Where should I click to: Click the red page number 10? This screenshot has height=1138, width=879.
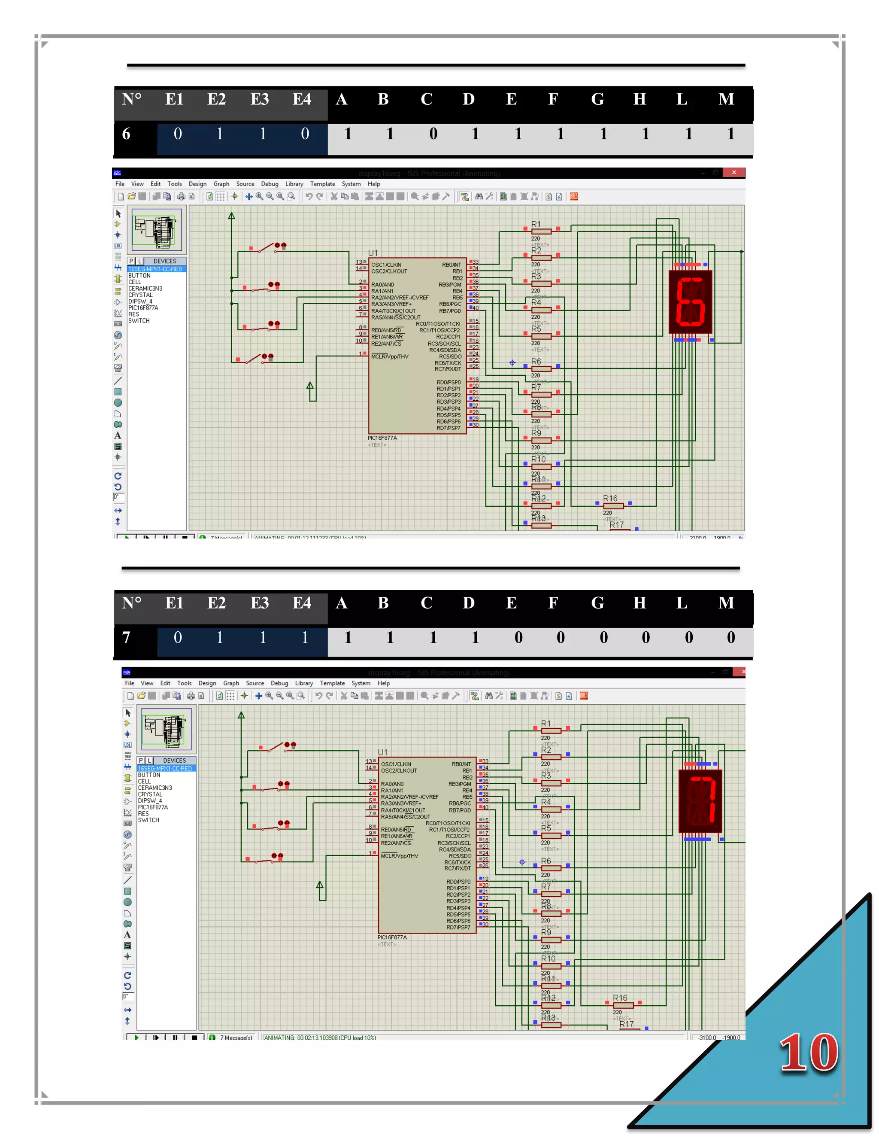pyautogui.click(x=808, y=1053)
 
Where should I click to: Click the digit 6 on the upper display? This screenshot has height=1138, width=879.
pyautogui.click(x=691, y=302)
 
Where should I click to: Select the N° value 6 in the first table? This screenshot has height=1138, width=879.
pyautogui.click(x=126, y=134)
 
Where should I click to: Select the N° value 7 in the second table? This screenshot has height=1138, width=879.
pyautogui.click(x=126, y=637)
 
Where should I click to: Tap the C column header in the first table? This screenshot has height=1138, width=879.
pyautogui.click(x=427, y=99)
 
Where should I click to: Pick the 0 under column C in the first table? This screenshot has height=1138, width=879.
pyautogui.click(x=433, y=134)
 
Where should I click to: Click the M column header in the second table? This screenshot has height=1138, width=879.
pyautogui.click(x=727, y=603)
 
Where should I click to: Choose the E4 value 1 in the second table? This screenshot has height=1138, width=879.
pyautogui.click(x=305, y=637)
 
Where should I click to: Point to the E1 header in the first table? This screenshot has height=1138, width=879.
pyautogui.click(x=174, y=99)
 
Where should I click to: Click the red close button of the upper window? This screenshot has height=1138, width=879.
pyautogui.click(x=734, y=173)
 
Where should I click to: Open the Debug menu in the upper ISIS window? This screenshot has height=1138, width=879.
pyautogui.click(x=269, y=184)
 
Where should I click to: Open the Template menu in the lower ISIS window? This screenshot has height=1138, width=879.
pyautogui.click(x=332, y=683)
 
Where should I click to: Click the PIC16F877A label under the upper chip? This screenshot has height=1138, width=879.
pyautogui.click(x=382, y=438)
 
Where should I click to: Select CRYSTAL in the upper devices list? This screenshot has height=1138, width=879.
pyautogui.click(x=141, y=295)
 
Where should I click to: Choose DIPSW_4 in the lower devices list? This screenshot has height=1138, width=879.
pyautogui.click(x=150, y=801)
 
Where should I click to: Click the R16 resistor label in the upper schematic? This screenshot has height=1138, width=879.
pyautogui.click(x=610, y=499)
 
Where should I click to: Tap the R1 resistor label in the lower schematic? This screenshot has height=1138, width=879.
pyautogui.click(x=546, y=723)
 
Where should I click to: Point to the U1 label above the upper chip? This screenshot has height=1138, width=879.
pyautogui.click(x=373, y=253)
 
